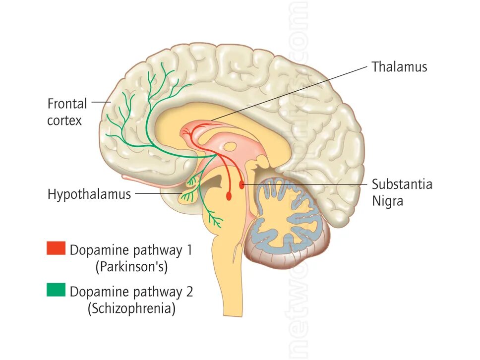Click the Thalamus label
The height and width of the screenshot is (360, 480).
click(399, 67)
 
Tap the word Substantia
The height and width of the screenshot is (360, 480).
click(402, 184)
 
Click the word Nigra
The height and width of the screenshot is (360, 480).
click(387, 201)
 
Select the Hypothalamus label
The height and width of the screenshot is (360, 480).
click(89, 194)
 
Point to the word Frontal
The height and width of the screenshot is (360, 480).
click(67, 104)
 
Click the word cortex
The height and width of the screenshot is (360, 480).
click(64, 120)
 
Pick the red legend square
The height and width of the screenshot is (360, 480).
click(56, 248)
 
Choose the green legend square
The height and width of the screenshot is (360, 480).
click(56, 290)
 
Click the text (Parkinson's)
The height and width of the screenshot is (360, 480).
click(131, 267)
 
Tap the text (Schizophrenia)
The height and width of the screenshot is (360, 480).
click(131, 309)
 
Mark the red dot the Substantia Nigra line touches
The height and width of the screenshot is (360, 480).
click(242, 185)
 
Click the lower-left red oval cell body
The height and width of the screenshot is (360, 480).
click(229, 196)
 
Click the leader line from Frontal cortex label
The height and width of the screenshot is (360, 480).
click(101, 102)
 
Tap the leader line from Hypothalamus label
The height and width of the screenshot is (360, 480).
click(159, 193)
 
